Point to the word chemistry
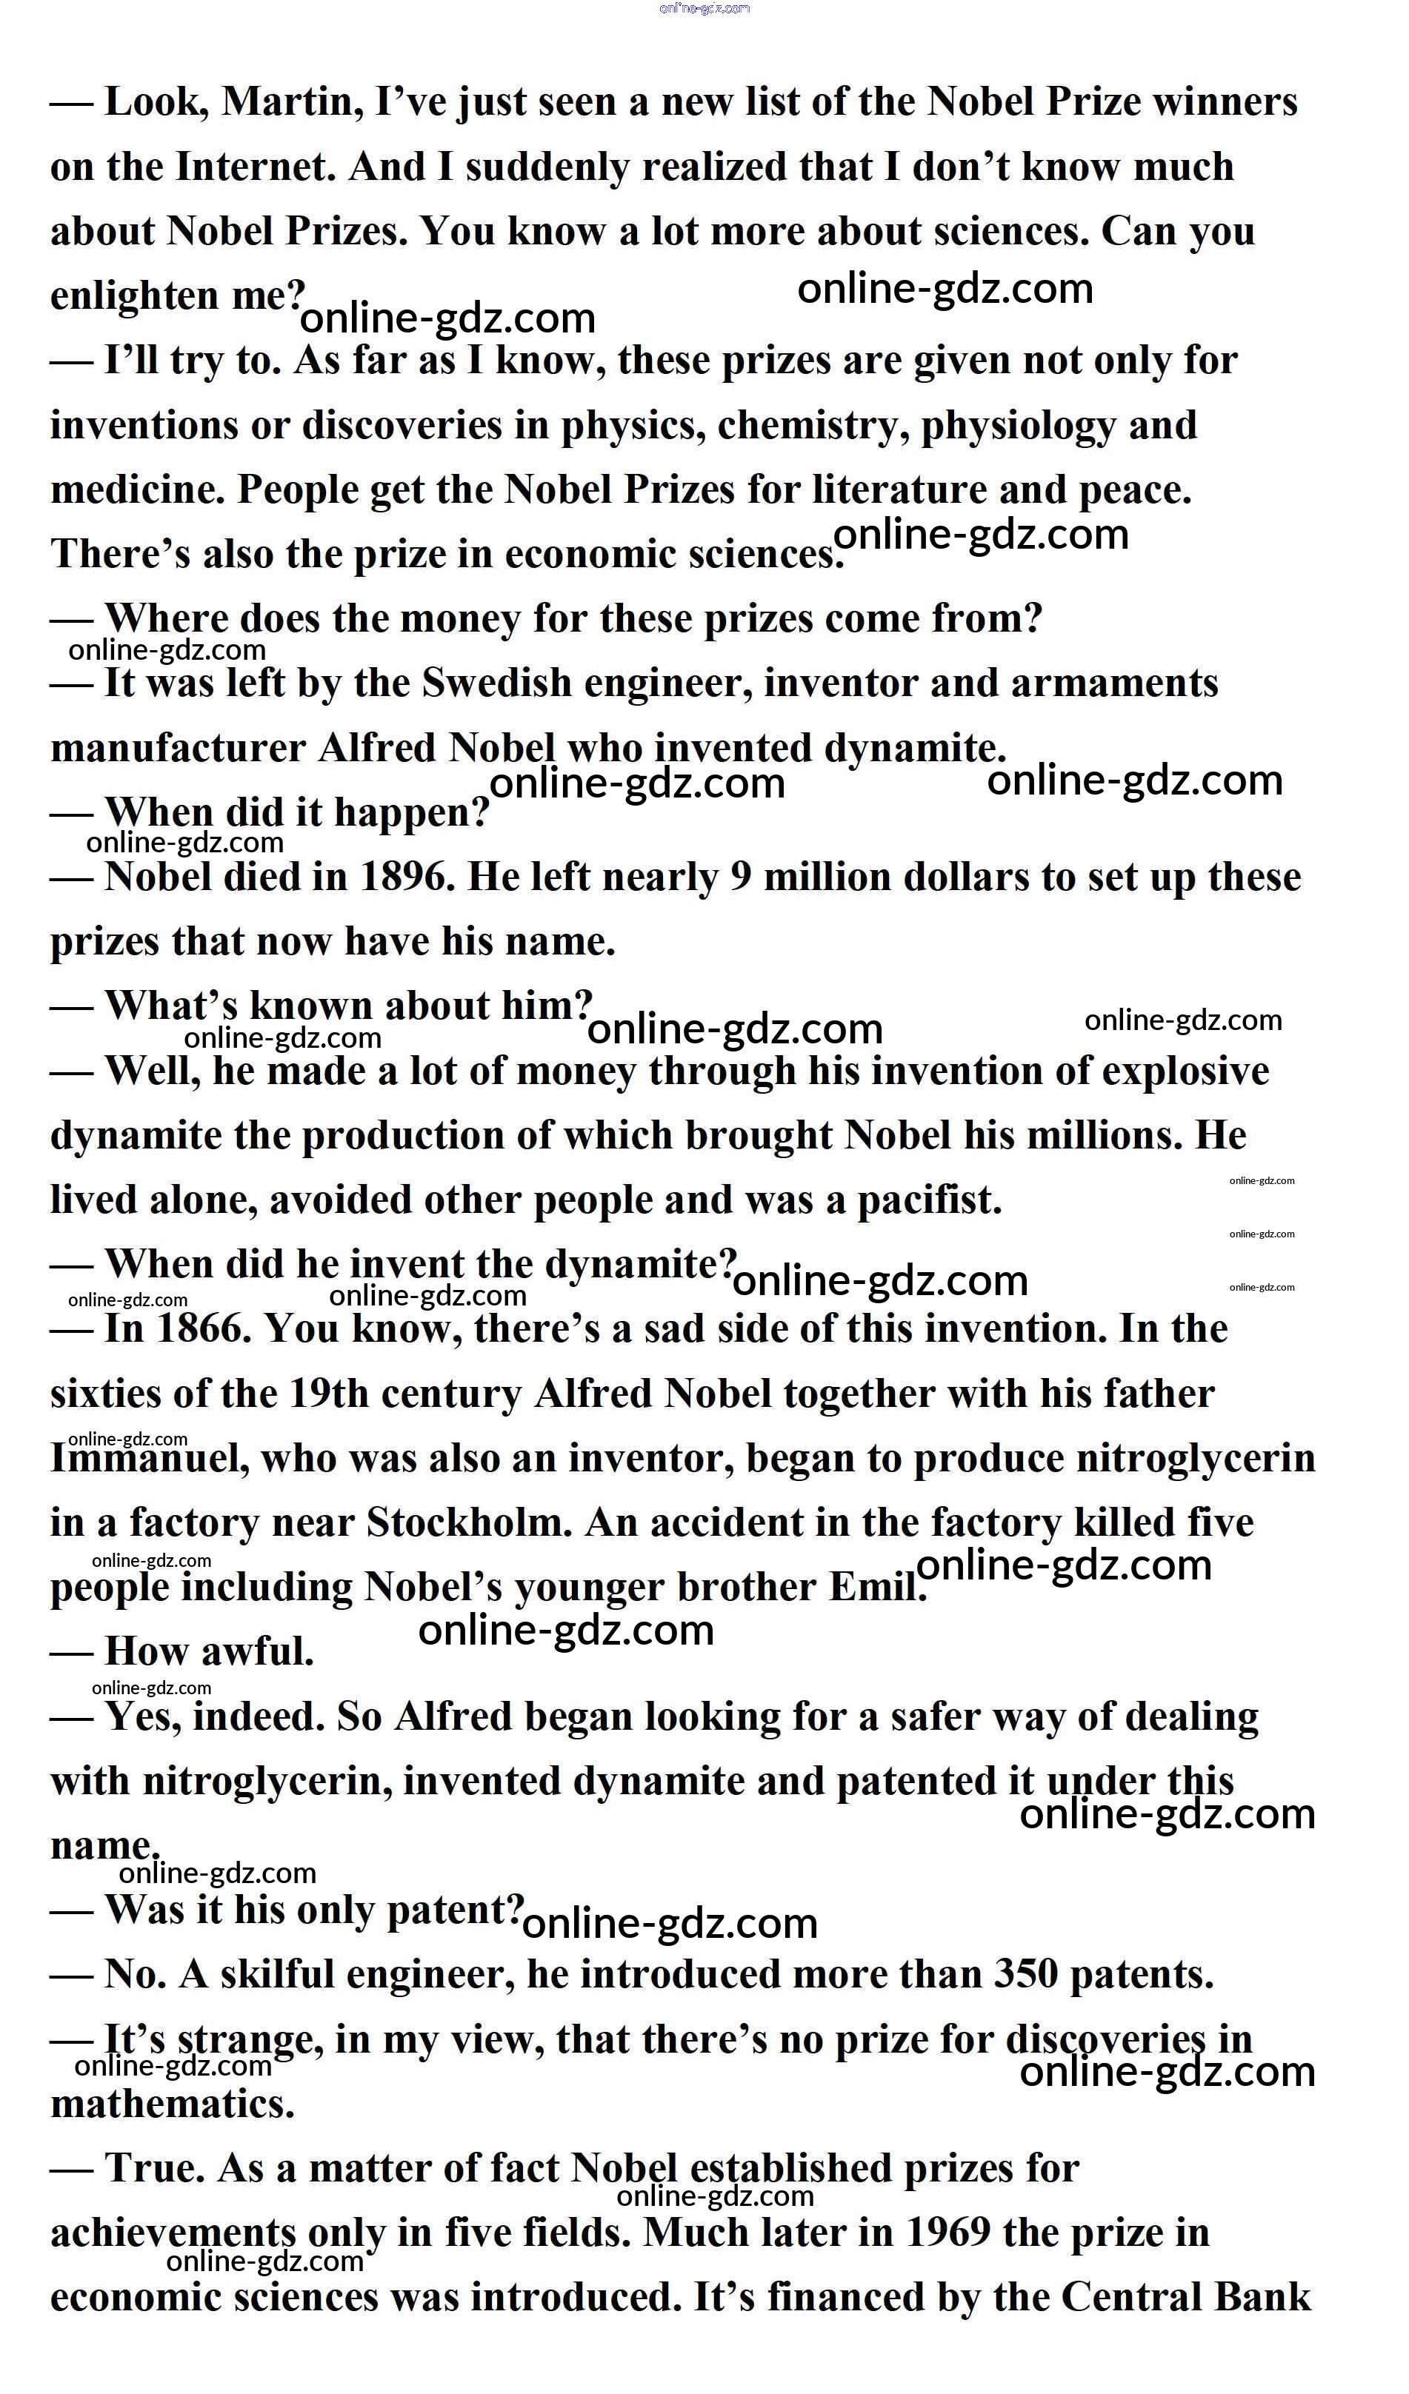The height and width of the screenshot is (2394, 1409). pos(806,426)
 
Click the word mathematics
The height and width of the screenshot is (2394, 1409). pos(172,2104)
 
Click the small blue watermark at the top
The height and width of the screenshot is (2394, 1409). pos(704,9)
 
